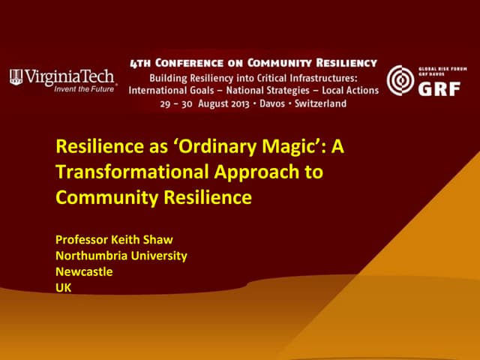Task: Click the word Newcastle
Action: pos(84,271)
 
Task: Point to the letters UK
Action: pos(64,286)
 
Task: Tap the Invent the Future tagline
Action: pos(85,88)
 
